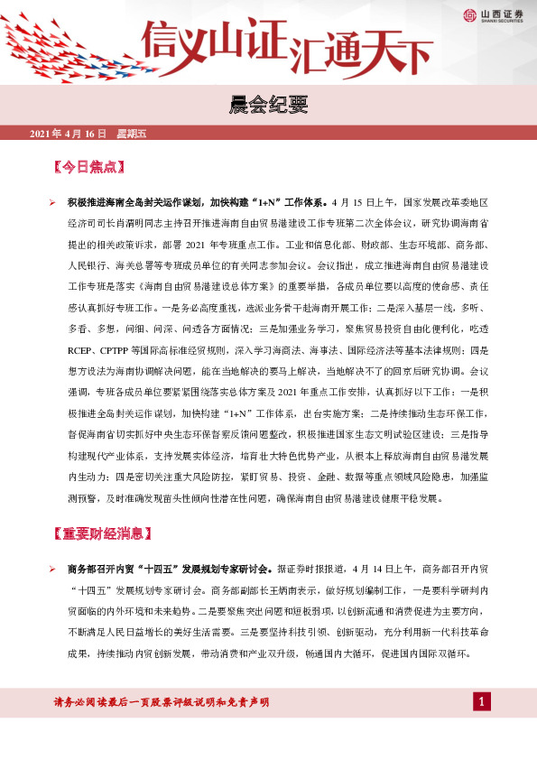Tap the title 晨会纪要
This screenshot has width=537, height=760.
tap(268, 107)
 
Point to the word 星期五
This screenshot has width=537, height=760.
tap(132, 134)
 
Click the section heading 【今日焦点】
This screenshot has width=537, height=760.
tap(89, 167)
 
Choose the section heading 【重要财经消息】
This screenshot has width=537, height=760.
tap(102, 533)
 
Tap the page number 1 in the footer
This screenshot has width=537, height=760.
tap(482, 701)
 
